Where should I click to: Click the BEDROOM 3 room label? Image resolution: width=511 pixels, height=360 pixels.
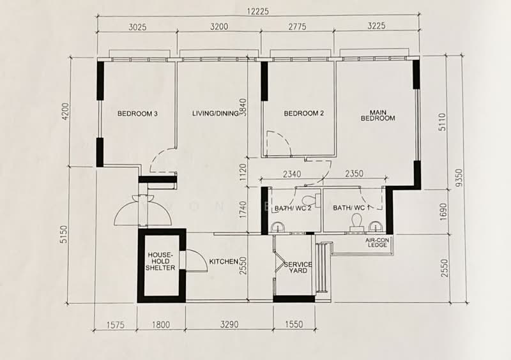point(137,114)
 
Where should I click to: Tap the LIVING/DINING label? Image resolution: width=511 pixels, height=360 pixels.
point(215,114)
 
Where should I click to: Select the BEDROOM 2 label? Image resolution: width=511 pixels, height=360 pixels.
point(304,114)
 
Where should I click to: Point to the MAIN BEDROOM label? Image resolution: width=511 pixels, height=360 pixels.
point(378,116)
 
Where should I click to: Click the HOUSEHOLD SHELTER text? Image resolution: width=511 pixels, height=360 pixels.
point(160,261)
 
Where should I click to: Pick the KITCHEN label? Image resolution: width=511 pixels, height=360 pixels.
point(224,262)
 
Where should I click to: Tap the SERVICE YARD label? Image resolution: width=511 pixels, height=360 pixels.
point(298,267)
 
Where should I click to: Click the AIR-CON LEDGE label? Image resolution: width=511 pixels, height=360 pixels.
point(377,243)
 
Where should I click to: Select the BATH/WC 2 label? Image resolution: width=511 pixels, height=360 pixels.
point(293,208)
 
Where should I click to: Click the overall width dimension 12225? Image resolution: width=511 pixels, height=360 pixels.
point(258,11)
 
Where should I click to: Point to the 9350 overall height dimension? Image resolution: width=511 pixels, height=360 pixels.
point(459,178)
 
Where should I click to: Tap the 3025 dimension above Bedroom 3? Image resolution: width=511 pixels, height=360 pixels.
point(137,27)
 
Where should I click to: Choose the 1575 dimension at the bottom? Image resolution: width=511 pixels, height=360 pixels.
point(116,325)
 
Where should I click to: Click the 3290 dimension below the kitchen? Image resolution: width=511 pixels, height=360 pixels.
point(229,324)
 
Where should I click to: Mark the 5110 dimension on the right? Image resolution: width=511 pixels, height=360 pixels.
point(442,122)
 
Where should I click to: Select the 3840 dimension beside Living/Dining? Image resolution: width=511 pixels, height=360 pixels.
point(243,107)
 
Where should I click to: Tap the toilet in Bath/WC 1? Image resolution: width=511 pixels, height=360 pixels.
point(356,222)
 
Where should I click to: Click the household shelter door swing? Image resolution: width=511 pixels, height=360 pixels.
point(197,260)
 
